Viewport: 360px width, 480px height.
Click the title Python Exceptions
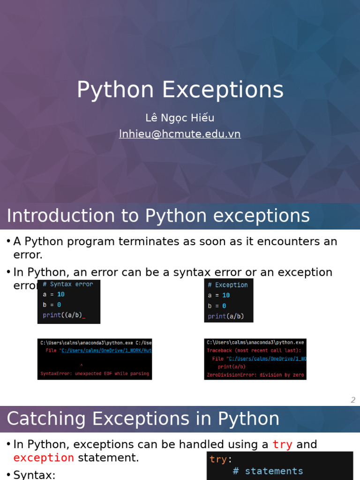[180, 90]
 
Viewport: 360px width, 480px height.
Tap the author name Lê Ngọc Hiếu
[180, 118]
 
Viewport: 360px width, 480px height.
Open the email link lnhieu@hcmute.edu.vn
[180, 134]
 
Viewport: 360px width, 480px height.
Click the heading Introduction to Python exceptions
[158, 216]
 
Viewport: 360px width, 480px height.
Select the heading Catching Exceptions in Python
[143, 419]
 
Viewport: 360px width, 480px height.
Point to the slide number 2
[353, 400]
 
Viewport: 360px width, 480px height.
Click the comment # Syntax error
[68, 284]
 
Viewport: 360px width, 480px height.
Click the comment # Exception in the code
[228, 285]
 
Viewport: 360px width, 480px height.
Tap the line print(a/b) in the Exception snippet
[226, 316]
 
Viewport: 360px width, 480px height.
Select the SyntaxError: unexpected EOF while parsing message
[95, 374]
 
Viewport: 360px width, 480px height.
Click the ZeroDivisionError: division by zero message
[255, 375]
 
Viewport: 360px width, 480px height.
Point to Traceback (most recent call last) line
[254, 350]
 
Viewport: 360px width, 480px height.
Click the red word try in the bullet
[282, 444]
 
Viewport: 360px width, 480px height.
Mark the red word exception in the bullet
[44, 457]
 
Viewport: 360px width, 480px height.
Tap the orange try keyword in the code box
[218, 459]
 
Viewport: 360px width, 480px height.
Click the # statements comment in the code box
[268, 471]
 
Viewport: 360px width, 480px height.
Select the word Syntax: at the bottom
[34, 475]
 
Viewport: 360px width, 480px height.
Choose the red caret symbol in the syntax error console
[82, 364]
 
